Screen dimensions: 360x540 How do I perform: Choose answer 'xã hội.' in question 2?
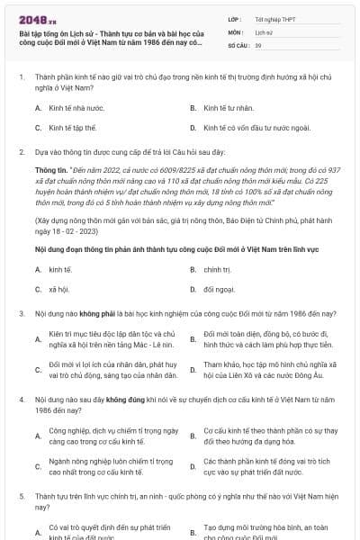click(x=60, y=289)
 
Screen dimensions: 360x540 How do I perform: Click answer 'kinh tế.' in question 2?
click(x=60, y=269)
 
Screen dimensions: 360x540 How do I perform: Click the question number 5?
click(x=21, y=496)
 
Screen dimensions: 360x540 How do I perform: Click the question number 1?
click(x=21, y=78)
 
